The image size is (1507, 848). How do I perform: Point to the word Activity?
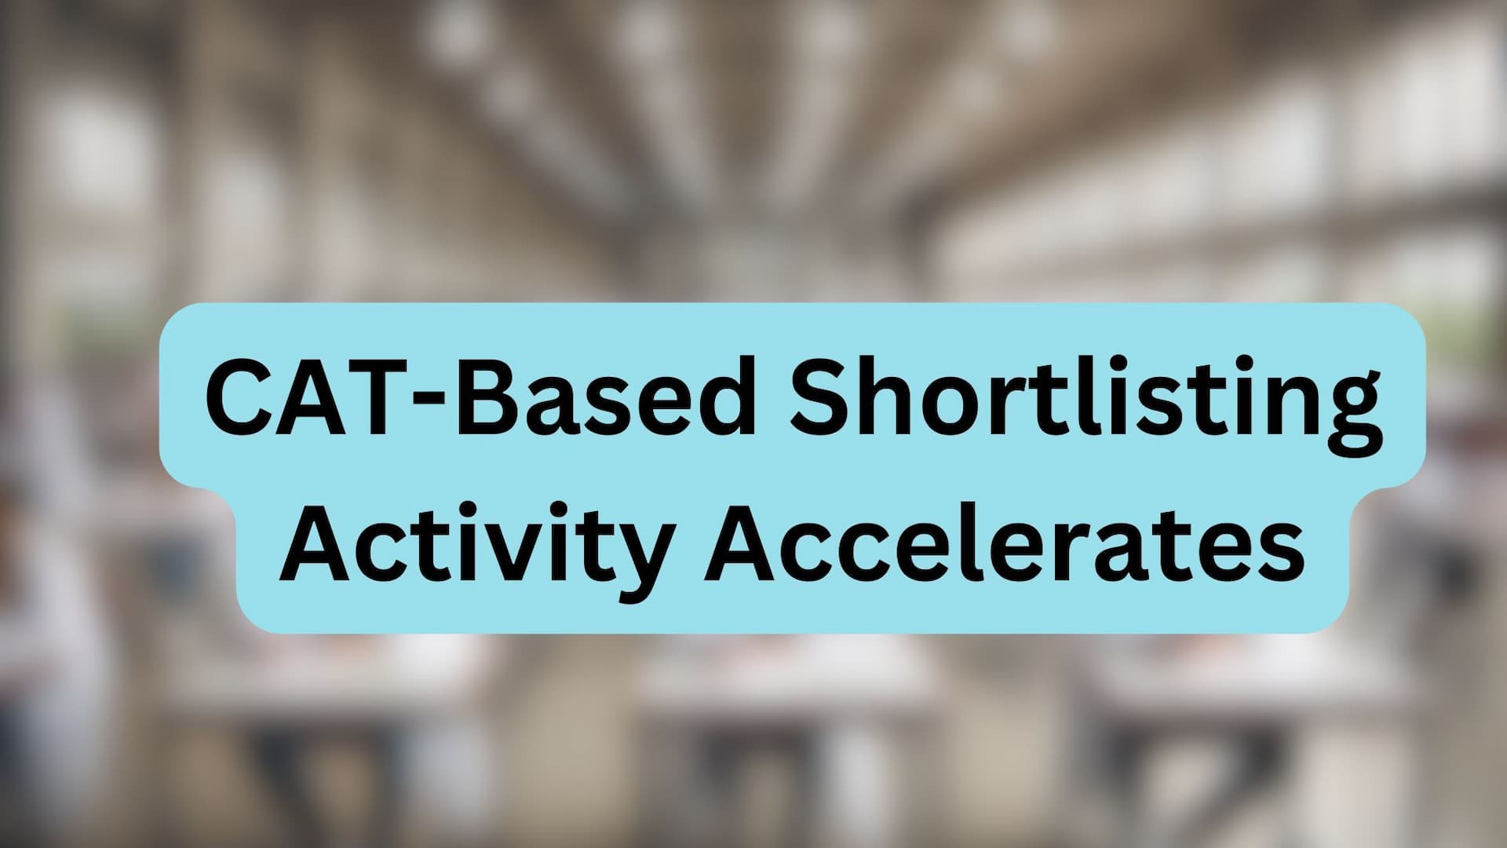coord(476,542)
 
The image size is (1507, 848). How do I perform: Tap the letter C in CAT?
coord(240,396)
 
